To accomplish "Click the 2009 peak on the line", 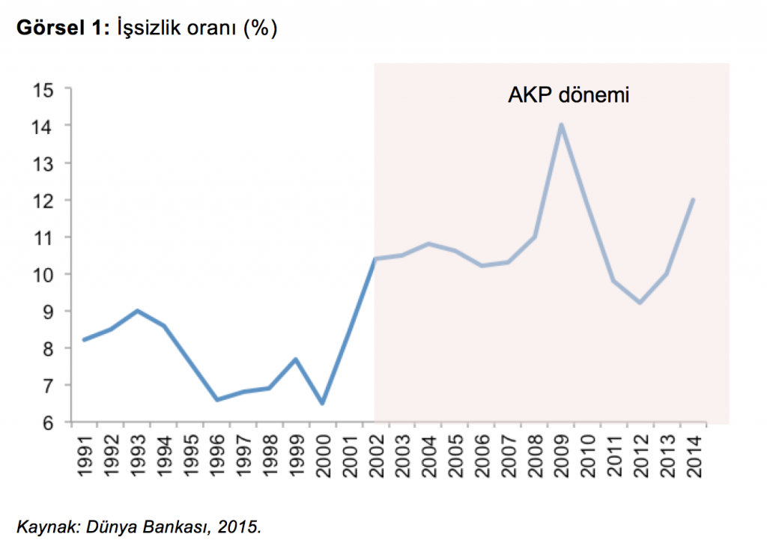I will coord(561,125).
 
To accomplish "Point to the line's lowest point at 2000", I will coord(322,403).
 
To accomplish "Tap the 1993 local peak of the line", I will coord(138,311).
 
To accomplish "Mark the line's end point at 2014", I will coord(694,200).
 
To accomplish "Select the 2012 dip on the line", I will coord(640,303).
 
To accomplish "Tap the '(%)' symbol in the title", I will coord(261,29).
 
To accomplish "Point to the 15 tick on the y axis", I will coord(44,89).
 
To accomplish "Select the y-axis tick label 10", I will coord(44,274).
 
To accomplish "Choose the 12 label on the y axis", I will coord(44,200).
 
